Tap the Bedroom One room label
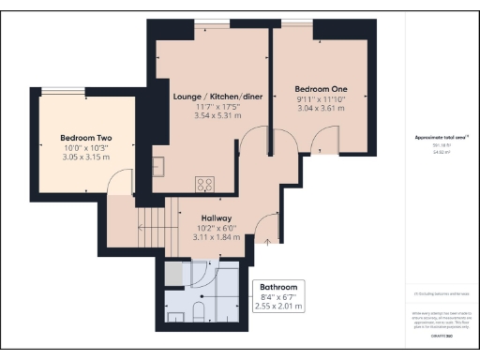pyautogui.click(x=322, y=90)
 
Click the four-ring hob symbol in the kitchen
pyautogui.click(x=204, y=183)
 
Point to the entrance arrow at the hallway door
pyautogui.click(x=268, y=241)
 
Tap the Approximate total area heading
pyautogui.click(x=442, y=137)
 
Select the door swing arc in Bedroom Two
pyautogui.click(x=118, y=187)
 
